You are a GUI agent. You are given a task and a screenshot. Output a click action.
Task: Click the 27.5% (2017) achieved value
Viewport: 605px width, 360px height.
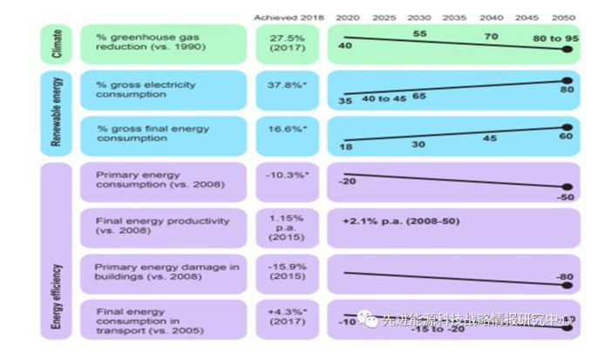282,44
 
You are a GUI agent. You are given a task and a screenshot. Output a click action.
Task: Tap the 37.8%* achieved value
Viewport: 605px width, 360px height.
282,85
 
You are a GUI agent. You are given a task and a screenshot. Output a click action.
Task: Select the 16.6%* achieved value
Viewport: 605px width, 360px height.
282,127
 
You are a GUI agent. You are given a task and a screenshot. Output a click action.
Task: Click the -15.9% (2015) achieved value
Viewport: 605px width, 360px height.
282,271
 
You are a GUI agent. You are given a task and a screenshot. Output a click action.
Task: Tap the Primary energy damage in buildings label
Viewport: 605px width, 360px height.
166,271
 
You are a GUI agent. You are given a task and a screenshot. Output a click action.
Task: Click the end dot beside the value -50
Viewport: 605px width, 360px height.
568,187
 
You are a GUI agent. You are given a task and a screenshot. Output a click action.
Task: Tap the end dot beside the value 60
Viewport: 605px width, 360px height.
568,127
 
